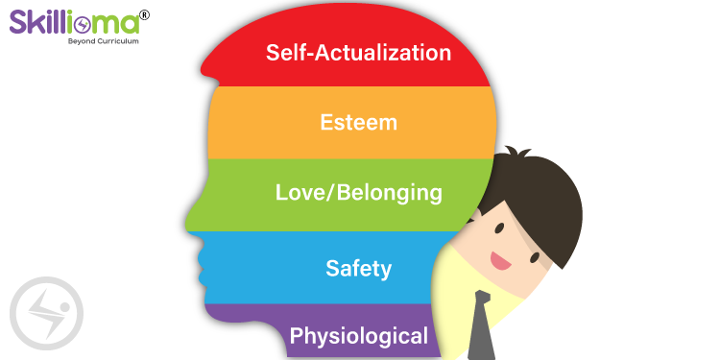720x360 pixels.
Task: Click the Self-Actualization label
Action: [358, 52]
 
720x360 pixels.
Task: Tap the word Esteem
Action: [358, 123]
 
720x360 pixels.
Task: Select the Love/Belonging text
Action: [358, 193]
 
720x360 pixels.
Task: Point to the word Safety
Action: [358, 267]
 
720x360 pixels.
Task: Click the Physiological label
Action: [358, 336]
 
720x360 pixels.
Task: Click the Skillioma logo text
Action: [72, 22]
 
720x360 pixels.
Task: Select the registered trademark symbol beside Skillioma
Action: [144, 14]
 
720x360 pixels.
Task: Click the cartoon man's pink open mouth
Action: [499, 259]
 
